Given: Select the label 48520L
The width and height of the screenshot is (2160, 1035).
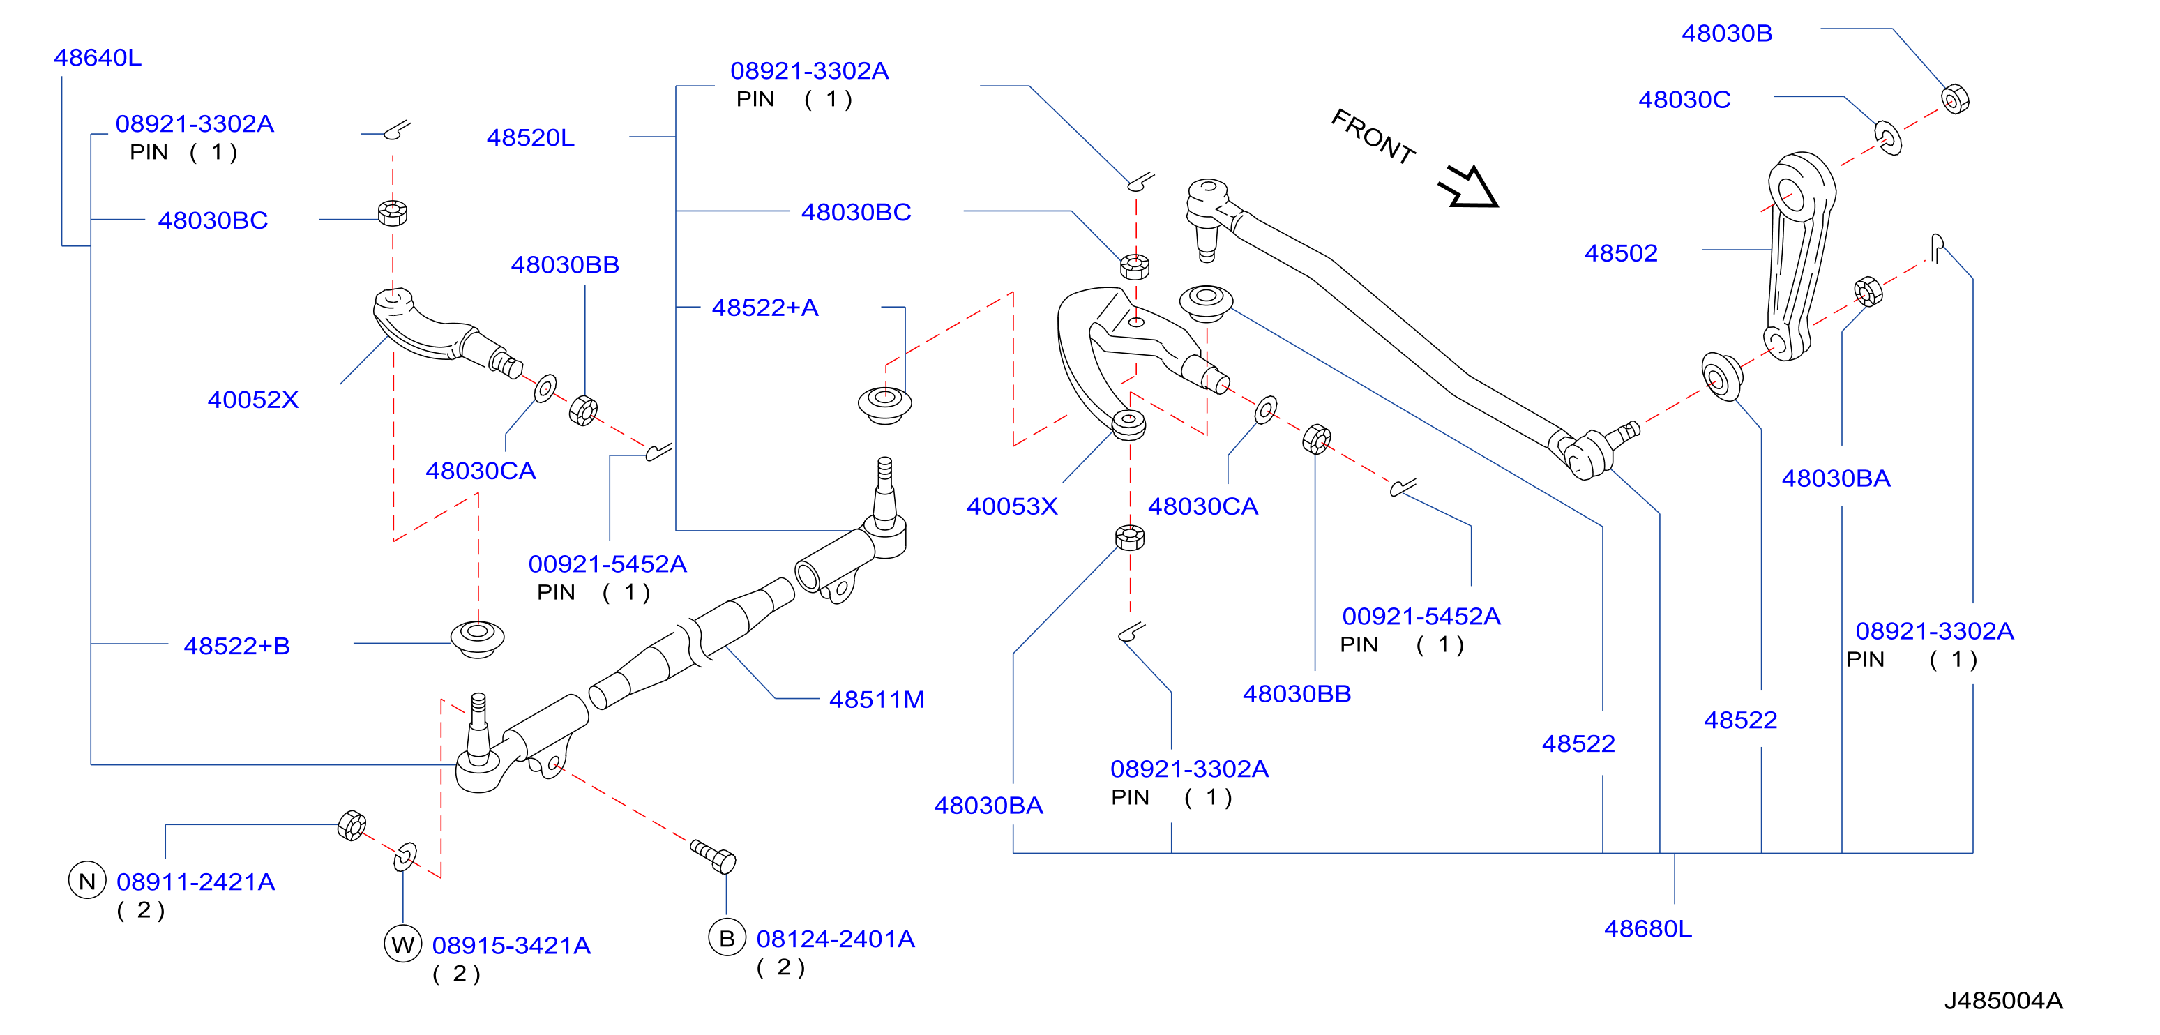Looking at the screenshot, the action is [531, 137].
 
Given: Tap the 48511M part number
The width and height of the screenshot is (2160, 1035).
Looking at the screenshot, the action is [876, 700].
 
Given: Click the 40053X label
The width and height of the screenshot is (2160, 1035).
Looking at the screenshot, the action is [1012, 506].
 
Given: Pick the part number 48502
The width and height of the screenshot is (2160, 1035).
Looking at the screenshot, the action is [1621, 253].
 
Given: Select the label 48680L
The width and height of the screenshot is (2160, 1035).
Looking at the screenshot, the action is [1647, 929].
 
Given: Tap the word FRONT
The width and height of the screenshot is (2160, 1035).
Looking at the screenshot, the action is [1373, 136].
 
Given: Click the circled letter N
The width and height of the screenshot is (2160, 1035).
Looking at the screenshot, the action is [87, 881].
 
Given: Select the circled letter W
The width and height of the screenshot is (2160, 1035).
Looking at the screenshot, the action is [402, 944].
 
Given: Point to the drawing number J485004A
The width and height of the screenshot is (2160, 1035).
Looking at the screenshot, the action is [2003, 1001].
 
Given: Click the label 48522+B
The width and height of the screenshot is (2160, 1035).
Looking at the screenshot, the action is [236, 647].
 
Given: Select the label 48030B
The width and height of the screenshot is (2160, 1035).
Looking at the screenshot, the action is [1726, 33].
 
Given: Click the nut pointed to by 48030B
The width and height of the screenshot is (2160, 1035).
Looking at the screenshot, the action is [1954, 100].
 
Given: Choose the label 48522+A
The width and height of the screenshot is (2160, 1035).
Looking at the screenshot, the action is [764, 308].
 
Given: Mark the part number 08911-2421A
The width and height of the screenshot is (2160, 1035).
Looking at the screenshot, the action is [195, 882].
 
